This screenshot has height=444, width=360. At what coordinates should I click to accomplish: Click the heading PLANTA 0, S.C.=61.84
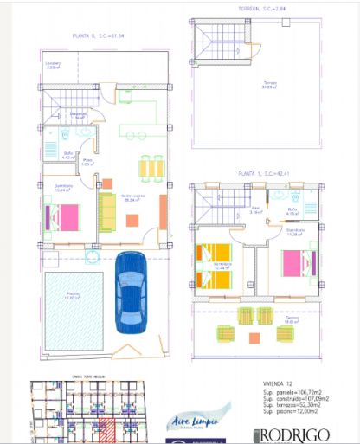(x=98, y=36)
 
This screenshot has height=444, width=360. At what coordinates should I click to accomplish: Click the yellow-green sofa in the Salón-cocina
(x=106, y=212)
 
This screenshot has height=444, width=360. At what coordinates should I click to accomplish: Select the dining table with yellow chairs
(x=151, y=165)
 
